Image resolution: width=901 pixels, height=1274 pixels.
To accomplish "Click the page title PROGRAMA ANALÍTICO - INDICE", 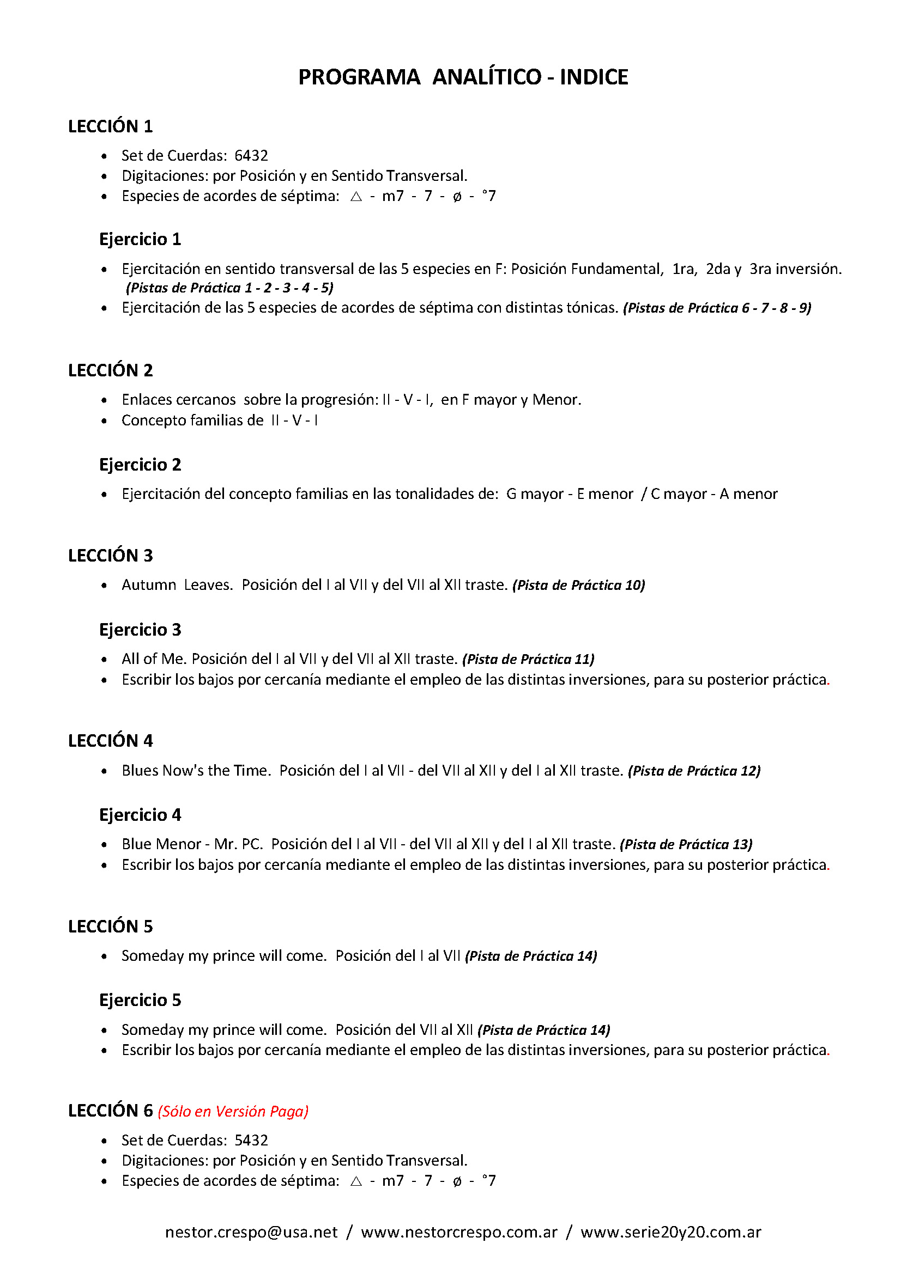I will (x=463, y=77).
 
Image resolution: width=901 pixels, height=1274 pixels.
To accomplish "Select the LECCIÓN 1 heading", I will (x=110, y=126).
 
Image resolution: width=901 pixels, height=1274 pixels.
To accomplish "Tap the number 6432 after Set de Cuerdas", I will (x=251, y=155).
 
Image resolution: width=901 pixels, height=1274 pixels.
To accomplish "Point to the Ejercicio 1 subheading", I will (x=140, y=239).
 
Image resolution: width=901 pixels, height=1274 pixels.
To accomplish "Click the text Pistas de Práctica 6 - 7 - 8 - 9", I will (x=717, y=308).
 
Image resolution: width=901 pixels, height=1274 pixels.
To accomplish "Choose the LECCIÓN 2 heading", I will (x=110, y=370).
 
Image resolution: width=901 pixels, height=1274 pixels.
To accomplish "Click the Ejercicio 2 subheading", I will (x=140, y=465).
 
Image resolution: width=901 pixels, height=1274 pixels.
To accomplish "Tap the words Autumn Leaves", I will (x=177, y=585).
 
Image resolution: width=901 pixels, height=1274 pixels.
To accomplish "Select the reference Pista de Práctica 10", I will (x=578, y=586).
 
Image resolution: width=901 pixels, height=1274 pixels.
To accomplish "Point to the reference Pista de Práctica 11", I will (x=528, y=659).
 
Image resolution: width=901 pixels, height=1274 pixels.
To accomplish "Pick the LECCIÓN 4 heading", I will (x=110, y=741).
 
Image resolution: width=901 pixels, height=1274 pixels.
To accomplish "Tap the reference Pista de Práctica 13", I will (x=686, y=845).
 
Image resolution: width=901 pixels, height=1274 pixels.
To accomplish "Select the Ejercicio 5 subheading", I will (x=140, y=1000).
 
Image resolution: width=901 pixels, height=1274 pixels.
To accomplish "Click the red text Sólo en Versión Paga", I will (x=233, y=1112).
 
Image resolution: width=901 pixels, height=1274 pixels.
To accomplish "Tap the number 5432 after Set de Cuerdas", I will (x=251, y=1140).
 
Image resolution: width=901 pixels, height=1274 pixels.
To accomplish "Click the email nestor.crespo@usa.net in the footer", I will (x=251, y=1232).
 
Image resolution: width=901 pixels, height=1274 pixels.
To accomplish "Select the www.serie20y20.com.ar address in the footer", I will (x=670, y=1232).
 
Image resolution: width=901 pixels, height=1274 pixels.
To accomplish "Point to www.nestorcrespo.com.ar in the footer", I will (x=459, y=1232).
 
